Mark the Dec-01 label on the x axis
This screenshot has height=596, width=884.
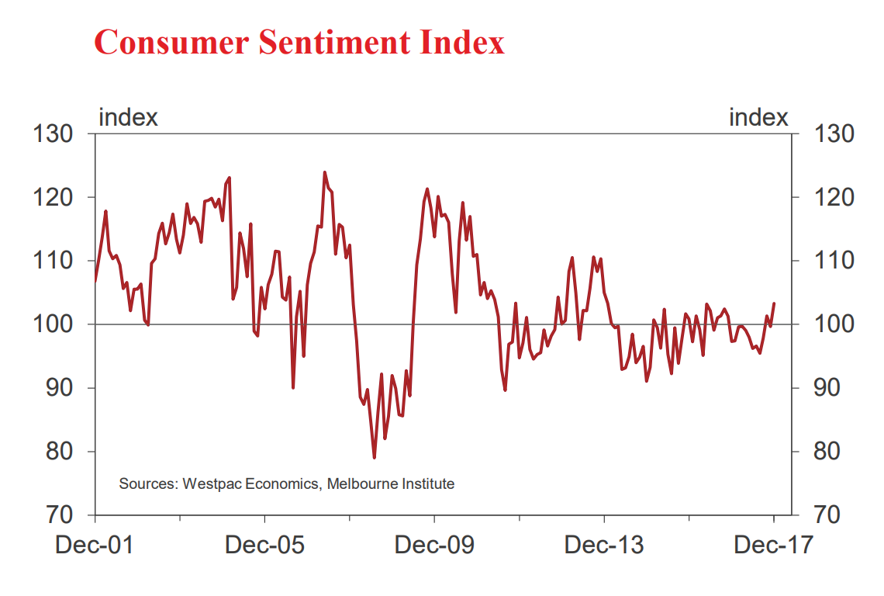click(95, 545)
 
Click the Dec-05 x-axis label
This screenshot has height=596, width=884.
click(264, 545)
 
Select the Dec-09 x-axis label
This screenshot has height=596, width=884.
click(434, 545)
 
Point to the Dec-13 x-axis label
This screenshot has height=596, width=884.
click(604, 545)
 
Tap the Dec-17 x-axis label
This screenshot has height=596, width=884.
click(774, 545)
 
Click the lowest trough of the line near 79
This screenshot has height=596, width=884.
click(374, 457)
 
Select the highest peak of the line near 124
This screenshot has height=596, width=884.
click(324, 172)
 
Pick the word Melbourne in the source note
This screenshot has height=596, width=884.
click(362, 484)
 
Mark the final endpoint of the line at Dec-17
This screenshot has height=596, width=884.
click(774, 303)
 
